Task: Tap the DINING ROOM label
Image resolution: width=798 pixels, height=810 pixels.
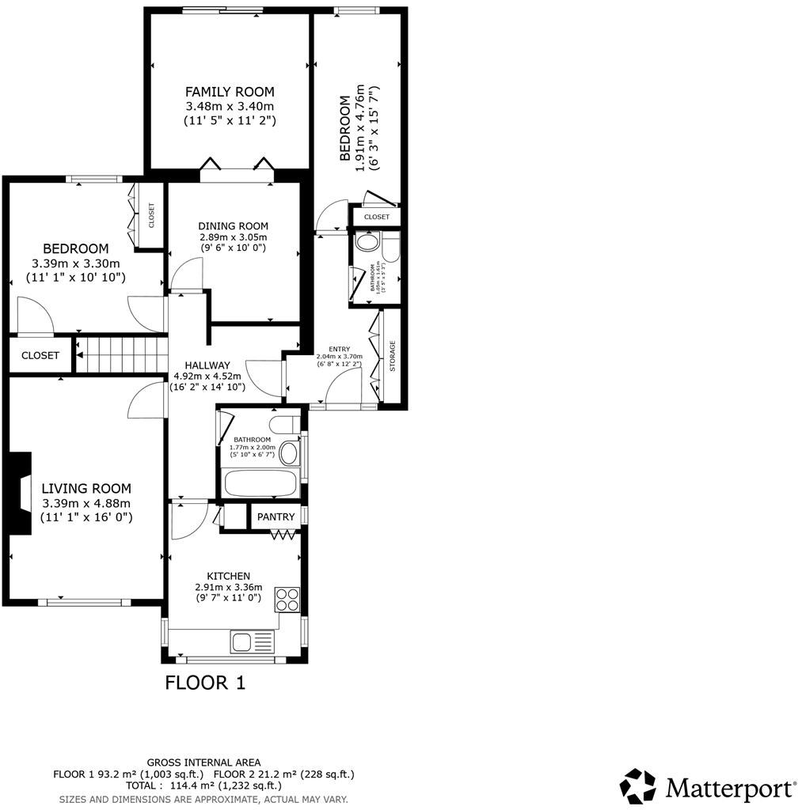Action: [x=233, y=225]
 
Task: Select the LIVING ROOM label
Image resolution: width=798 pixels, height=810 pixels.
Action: [x=86, y=489]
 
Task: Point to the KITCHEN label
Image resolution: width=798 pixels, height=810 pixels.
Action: [x=228, y=576]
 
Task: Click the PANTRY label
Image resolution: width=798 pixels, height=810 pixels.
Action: [x=275, y=517]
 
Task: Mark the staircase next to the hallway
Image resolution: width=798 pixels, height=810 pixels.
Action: [x=122, y=354]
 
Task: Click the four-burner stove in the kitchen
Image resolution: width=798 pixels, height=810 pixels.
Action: [x=287, y=600]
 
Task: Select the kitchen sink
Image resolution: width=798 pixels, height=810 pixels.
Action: [x=252, y=641]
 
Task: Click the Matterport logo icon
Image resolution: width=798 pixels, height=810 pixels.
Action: [x=637, y=786]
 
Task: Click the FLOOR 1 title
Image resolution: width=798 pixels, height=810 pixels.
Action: [x=205, y=683]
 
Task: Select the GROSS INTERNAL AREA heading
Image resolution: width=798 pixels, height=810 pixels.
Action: [x=203, y=763]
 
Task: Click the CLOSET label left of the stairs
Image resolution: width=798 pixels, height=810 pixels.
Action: [x=40, y=356]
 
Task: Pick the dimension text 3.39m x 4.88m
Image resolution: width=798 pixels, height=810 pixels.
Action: [x=86, y=503]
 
